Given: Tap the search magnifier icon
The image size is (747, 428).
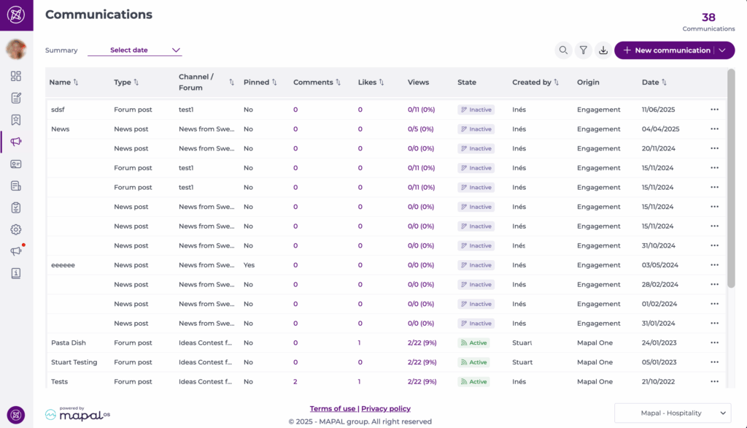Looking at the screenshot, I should [563, 50].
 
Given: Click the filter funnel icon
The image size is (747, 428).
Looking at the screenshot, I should [583, 50].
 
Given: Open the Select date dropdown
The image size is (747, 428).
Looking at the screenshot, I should [135, 50].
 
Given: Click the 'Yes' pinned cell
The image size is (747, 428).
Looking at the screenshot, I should [249, 265].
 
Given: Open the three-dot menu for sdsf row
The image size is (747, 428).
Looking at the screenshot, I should [714, 110].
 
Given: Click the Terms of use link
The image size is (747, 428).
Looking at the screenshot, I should [333, 409].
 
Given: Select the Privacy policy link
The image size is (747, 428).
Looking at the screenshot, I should [386, 409].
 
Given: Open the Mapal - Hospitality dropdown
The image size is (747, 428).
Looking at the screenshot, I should [673, 413].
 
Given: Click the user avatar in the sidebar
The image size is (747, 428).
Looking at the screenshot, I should [16, 49].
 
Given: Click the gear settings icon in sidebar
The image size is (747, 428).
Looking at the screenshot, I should [16, 229].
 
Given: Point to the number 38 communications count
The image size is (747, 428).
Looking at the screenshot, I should [708, 18].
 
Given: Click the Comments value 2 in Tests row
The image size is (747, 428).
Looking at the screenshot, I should [295, 381].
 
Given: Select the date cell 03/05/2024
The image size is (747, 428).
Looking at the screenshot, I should [660, 265].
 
